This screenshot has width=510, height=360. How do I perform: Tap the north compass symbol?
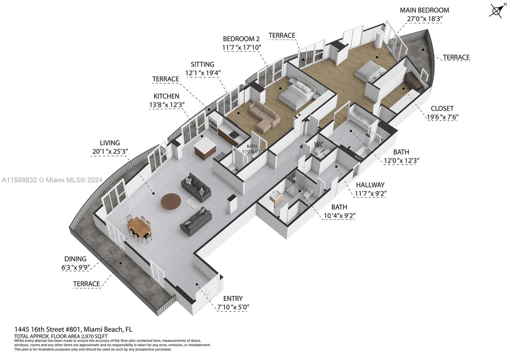497,11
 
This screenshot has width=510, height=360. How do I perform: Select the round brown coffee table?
171,201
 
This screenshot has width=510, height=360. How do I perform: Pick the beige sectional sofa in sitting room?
264,116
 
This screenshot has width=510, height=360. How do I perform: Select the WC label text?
319,144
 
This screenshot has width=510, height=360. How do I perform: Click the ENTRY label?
233,298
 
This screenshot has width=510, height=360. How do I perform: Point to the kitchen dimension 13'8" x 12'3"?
167,105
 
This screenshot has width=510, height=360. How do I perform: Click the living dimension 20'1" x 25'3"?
110,151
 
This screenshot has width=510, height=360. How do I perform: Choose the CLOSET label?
442,108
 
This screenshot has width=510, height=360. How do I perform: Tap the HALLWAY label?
370,185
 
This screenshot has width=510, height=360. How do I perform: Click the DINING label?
75,259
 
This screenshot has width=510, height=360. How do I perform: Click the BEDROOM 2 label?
241,39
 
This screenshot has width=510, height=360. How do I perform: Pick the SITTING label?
202,64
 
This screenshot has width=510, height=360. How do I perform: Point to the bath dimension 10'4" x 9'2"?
339,215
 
